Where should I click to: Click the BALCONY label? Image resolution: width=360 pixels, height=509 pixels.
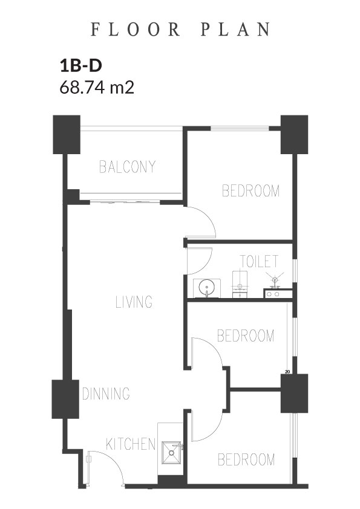click(128, 166)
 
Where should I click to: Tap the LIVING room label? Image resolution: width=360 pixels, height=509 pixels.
click(134, 302)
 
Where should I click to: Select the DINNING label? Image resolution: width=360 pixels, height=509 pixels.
click(106, 394)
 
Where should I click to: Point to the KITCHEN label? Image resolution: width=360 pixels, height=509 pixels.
click(131, 444)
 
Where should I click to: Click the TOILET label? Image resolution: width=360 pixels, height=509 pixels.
click(259, 261)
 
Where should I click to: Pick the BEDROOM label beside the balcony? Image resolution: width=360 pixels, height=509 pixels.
click(250, 190)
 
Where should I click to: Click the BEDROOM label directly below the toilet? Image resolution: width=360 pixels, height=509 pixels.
click(246, 336)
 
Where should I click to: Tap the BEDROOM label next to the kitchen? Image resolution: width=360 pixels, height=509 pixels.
click(246, 459)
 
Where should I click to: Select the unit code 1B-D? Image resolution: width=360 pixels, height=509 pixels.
click(81, 65)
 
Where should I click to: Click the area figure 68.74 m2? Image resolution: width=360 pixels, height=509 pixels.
click(97, 87)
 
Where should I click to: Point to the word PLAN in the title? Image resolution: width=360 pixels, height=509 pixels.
click(235, 29)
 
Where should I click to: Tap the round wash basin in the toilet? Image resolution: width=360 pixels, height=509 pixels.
click(206, 288)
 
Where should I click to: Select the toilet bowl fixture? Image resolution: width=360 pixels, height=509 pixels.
click(240, 284)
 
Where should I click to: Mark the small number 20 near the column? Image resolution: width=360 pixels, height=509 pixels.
click(287, 372)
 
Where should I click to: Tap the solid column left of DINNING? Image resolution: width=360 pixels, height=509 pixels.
click(65, 399)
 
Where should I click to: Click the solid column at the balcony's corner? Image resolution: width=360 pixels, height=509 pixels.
click(67, 134)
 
